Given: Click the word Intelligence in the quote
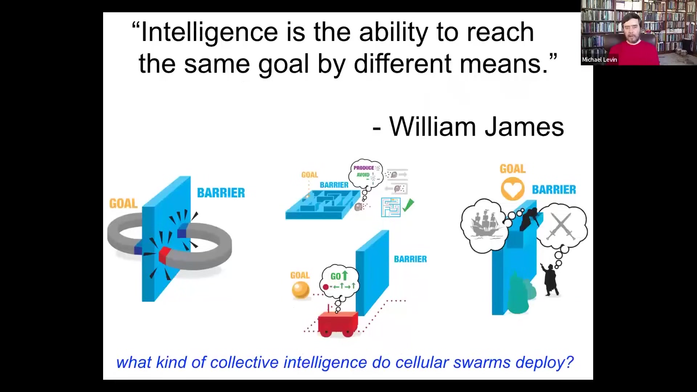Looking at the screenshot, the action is (209, 32).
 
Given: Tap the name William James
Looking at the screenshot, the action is (477, 127).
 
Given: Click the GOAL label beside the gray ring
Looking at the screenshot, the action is (123, 203).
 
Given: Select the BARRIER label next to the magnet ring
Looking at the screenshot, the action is (221, 193).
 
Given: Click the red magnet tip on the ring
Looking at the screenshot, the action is (164, 255).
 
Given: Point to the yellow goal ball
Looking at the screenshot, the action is (301, 290).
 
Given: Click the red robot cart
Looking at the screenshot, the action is (338, 323).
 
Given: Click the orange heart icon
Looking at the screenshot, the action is (513, 189).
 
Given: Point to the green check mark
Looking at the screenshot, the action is (408, 205).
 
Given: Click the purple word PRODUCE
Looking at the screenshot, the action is (364, 168).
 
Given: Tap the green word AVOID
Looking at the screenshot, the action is (363, 175).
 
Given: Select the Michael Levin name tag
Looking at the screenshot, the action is (599, 60).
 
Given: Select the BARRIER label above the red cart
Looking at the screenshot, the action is (410, 259).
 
